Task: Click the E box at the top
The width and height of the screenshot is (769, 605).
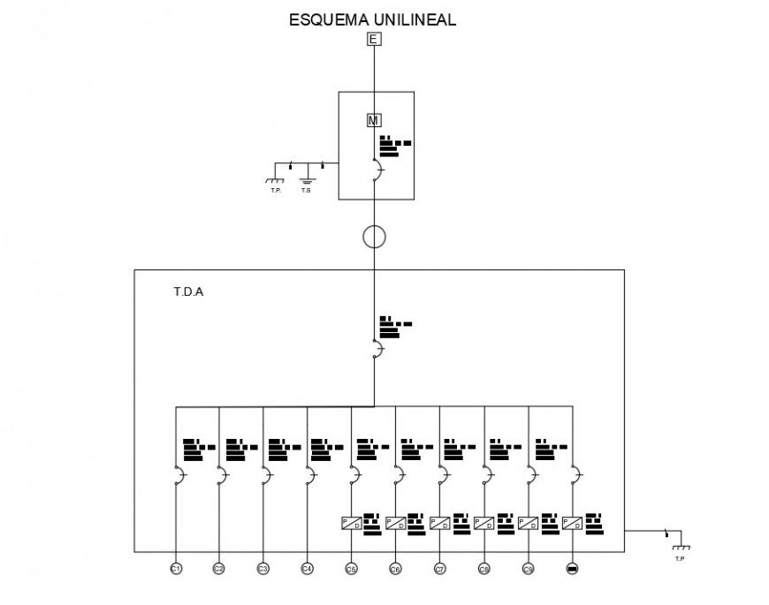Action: pyautogui.click(x=374, y=39)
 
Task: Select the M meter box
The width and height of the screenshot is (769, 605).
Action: pyautogui.click(x=374, y=120)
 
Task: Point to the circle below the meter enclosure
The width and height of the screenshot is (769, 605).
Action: pyautogui.click(x=375, y=237)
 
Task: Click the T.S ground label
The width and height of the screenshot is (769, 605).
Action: pyautogui.click(x=306, y=190)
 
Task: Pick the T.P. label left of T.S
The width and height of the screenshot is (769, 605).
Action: pyautogui.click(x=275, y=190)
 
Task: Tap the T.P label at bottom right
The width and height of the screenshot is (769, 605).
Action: pyautogui.click(x=679, y=559)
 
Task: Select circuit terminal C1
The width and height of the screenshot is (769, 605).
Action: pyautogui.click(x=176, y=569)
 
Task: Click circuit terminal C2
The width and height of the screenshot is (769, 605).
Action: pyautogui.click(x=218, y=569)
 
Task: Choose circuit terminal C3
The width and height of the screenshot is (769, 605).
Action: pyautogui.click(x=263, y=569)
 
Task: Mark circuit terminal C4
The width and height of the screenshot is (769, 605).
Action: pyautogui.click(x=307, y=569)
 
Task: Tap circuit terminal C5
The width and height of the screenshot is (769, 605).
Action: pyautogui.click(x=351, y=569)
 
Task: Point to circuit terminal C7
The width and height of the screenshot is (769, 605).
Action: pyautogui.click(x=439, y=569)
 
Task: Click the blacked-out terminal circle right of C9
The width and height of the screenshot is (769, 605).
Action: pyautogui.click(x=572, y=569)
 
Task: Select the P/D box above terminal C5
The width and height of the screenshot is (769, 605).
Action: pyautogui.click(x=351, y=523)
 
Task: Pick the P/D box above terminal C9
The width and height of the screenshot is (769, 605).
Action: pyautogui.click(x=528, y=523)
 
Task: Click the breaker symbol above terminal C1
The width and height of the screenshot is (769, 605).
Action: pyautogui.click(x=179, y=476)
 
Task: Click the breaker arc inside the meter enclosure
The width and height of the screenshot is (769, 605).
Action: pyautogui.click(x=377, y=170)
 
